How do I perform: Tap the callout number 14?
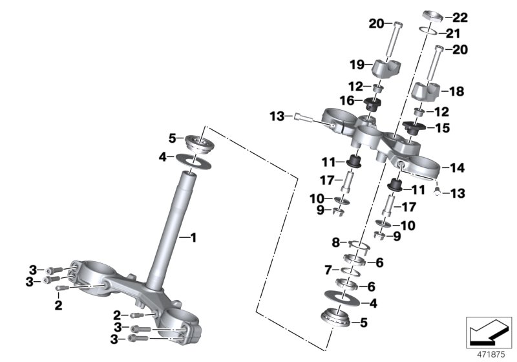[x=457, y=167]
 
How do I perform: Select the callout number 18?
[x=456, y=92]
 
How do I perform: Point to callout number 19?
[x=357, y=65]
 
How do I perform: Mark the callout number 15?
[x=441, y=129]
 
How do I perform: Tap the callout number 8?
[x=335, y=242]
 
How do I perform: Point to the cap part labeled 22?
[x=434, y=16]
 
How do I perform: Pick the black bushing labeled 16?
[x=372, y=103]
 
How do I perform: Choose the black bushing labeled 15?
[x=412, y=127]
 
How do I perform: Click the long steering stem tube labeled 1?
[x=173, y=233]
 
